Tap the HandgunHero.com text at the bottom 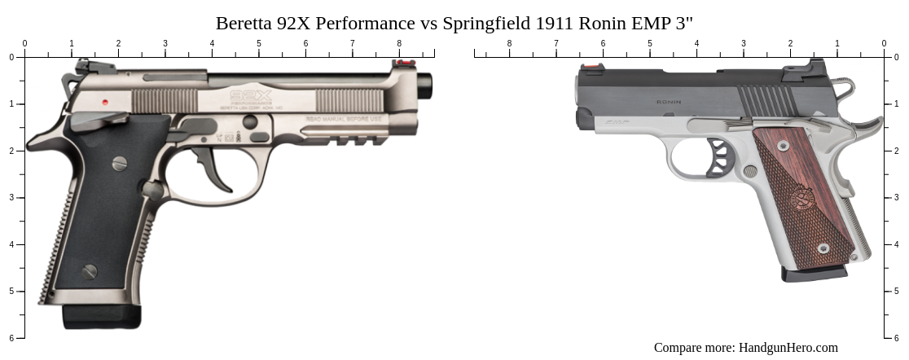pyautogui.click(x=788, y=348)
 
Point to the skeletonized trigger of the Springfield pyautogui.click(x=718, y=158)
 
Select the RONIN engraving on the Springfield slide pyautogui.click(x=669, y=103)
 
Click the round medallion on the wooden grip pyautogui.click(x=801, y=198)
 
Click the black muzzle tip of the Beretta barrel pyautogui.click(x=426, y=83)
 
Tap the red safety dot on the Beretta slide pyautogui.click(x=106, y=103)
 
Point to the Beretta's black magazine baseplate pyautogui.click(x=102, y=317)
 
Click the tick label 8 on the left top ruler pyautogui.click(x=399, y=43)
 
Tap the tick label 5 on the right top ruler pyautogui.click(x=650, y=43)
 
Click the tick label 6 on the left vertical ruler pyautogui.click(x=11, y=338)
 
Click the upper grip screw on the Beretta pyautogui.click(x=120, y=163)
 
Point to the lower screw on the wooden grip pyautogui.click(x=823, y=248)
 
